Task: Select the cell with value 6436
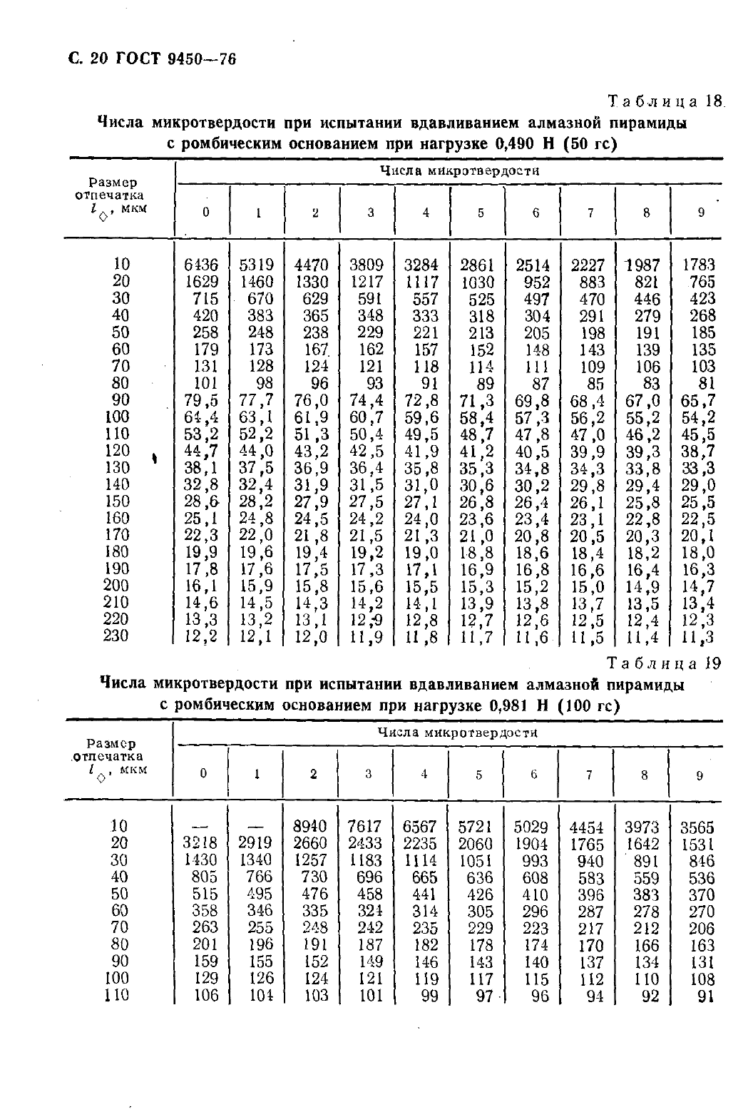pos(202,265)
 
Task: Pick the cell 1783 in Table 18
pos(698,265)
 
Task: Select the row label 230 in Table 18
pos(116,635)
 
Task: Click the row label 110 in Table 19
pos(116,994)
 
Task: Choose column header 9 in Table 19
pos(699,775)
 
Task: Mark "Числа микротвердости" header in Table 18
pos(459,171)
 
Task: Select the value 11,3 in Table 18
pos(699,636)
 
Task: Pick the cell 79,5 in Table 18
pos(202,400)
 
